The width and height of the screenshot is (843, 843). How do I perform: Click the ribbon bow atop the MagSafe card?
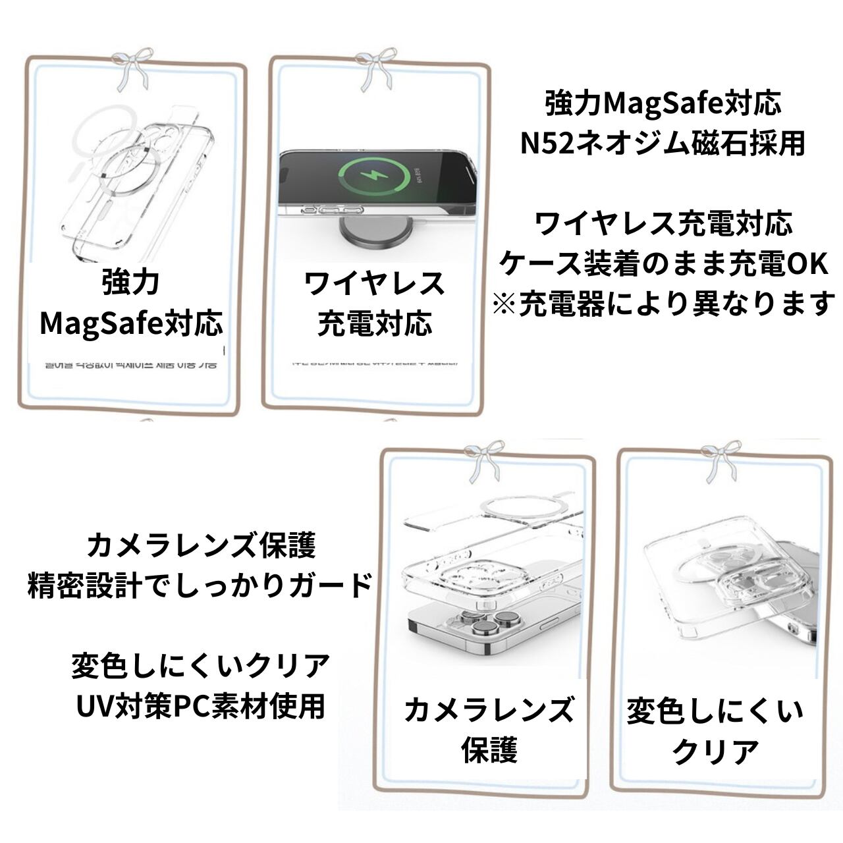129,70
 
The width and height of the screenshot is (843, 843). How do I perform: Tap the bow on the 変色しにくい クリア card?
720,461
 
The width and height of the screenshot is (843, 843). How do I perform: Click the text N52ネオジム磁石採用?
663,143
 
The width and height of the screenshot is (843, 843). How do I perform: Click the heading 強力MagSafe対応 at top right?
663,103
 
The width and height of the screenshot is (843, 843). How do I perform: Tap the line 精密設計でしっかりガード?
200,585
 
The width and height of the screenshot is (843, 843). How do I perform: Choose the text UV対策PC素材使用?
200,706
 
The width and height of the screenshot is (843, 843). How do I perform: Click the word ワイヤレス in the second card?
374,283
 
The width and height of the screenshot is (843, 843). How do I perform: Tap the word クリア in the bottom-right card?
715,751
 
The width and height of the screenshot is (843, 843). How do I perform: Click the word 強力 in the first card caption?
131,282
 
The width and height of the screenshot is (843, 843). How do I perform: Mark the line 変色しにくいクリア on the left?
200,666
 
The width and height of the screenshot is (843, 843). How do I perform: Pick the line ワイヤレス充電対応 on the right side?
663,224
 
